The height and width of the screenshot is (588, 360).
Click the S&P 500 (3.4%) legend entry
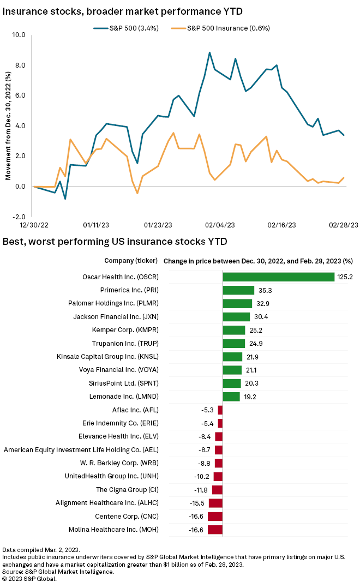(126, 28)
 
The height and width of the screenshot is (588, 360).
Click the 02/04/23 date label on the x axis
(220, 225)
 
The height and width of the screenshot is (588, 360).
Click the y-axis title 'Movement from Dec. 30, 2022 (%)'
(8, 126)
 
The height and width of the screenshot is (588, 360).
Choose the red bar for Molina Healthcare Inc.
(215, 530)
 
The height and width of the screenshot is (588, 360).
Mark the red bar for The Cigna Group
(217, 490)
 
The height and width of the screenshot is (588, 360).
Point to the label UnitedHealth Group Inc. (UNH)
(112, 476)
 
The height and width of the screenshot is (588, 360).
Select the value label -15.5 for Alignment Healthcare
(198, 503)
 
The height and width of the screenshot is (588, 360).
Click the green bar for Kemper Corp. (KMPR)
(234, 330)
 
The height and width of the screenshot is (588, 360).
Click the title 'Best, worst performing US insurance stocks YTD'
(115, 241)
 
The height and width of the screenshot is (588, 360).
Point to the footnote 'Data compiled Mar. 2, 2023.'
(41, 549)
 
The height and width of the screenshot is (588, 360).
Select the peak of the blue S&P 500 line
(209, 52)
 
